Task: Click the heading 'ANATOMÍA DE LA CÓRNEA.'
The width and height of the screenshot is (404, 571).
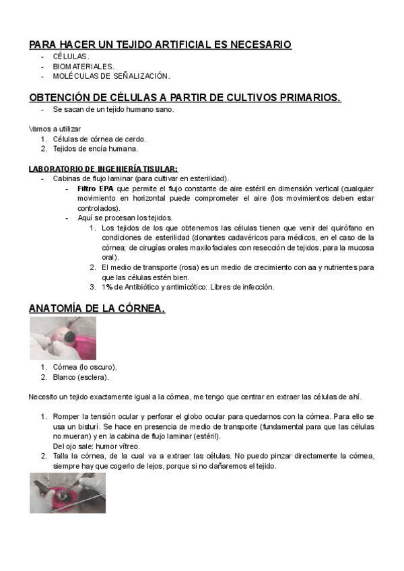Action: click(97, 309)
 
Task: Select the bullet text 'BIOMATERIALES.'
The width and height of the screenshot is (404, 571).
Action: click(83, 67)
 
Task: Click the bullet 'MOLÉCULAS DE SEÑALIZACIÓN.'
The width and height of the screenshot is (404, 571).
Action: click(111, 76)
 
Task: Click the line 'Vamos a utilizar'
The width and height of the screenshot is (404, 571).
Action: click(55, 129)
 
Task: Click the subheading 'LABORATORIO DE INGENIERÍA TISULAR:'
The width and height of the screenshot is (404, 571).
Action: click(103, 168)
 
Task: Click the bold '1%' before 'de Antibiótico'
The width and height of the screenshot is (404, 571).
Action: click(107, 287)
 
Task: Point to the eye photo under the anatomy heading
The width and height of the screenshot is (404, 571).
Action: click(63, 338)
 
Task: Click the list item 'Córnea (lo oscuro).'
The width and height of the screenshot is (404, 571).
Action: click(85, 367)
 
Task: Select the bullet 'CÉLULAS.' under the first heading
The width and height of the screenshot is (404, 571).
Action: click(71, 57)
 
